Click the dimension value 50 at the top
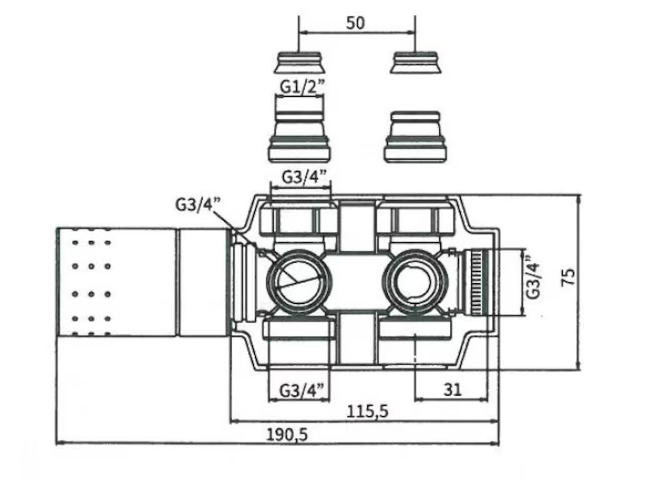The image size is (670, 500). (355, 23)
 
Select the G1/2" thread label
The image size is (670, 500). (301, 87)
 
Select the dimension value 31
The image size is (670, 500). (452, 389)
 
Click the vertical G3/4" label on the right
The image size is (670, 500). (533, 277)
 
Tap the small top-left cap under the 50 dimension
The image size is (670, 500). (298, 62)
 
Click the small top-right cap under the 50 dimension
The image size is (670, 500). (416, 62)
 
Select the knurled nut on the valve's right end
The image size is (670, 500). (480, 281)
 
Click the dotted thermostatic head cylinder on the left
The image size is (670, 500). (116, 281)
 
